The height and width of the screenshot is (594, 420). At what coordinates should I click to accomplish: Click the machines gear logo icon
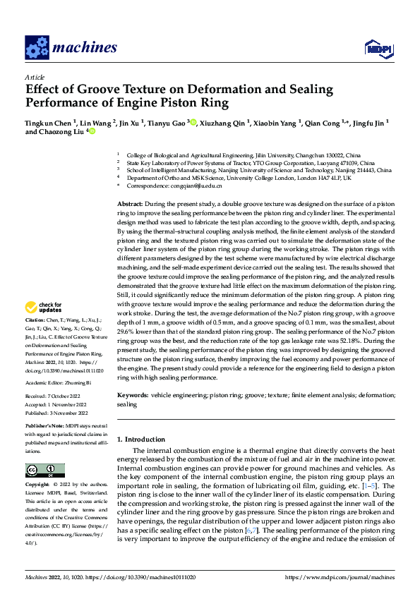pos(37,47)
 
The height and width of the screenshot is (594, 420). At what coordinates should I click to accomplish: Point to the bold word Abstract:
pos(131,203)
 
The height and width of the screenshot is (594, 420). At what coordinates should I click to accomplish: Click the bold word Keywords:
pos(133,396)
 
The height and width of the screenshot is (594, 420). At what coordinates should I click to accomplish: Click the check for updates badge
pos(44,307)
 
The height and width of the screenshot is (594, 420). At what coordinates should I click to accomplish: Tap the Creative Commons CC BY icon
pos(44,470)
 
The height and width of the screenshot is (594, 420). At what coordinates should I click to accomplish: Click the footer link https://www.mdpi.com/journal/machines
pos(339,578)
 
